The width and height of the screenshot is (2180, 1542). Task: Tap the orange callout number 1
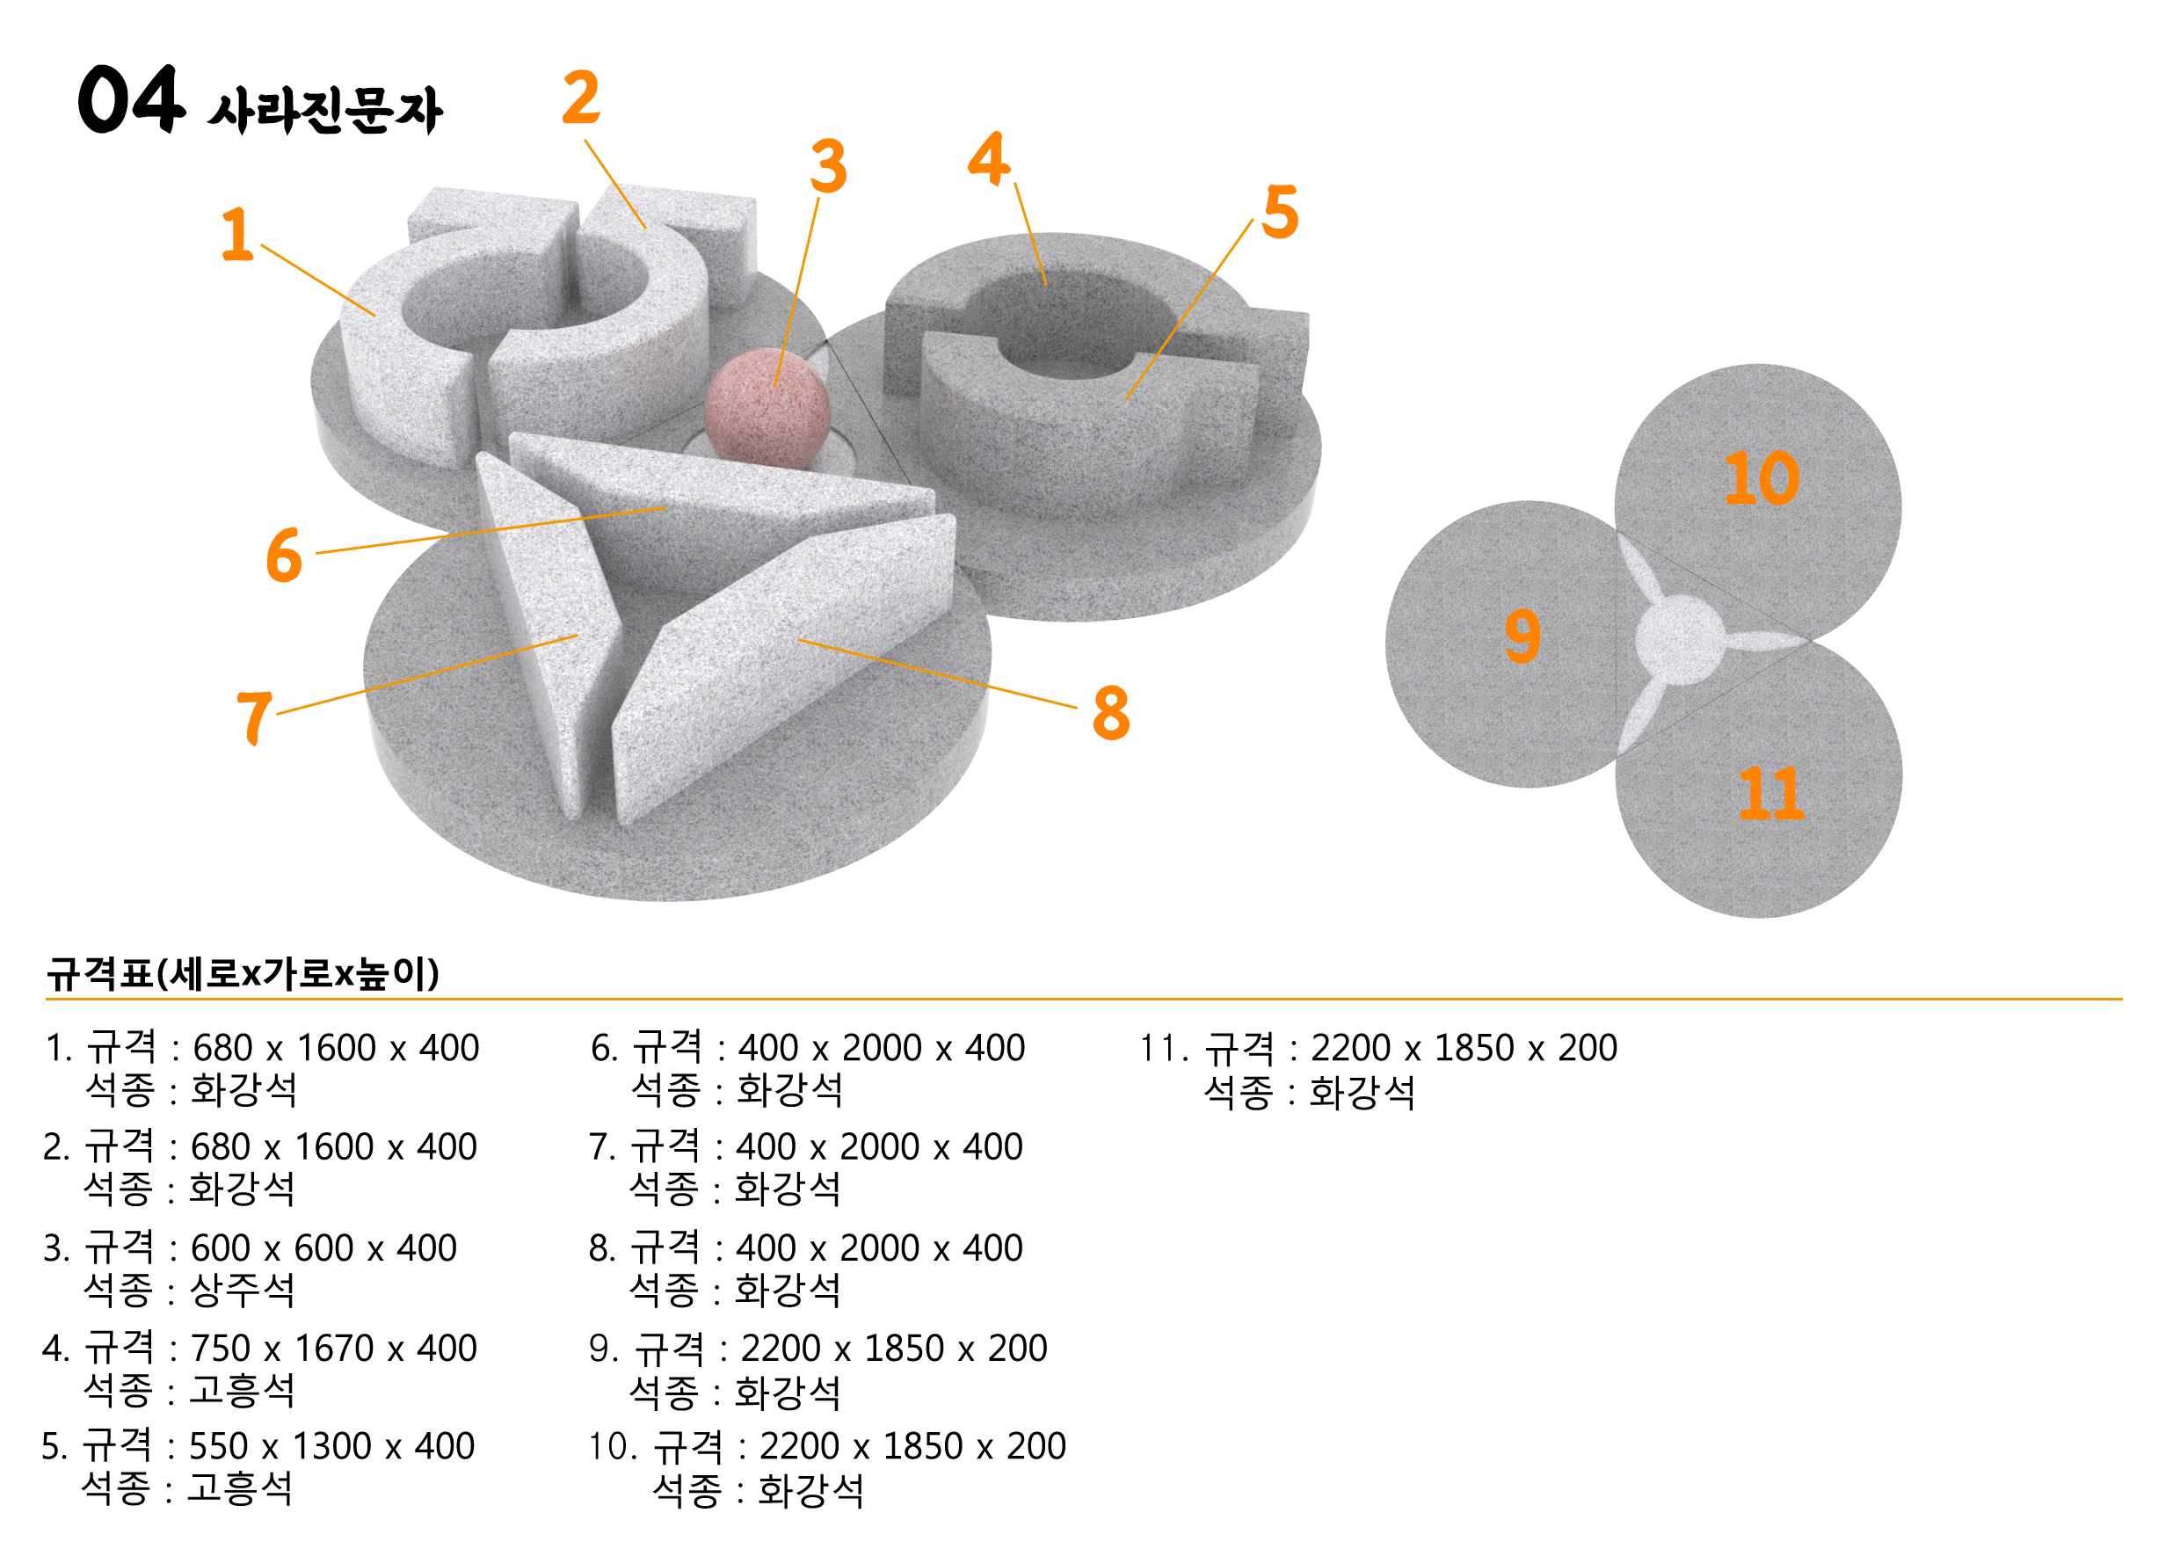pyautogui.click(x=237, y=234)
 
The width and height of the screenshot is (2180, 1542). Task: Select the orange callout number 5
pyautogui.click(x=1280, y=212)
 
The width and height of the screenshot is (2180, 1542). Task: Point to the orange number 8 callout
pyautogui.click(x=1111, y=712)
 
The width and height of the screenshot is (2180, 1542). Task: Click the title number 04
pyautogui.click(x=131, y=98)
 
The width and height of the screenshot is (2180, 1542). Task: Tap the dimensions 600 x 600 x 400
pyautogui.click(x=323, y=1247)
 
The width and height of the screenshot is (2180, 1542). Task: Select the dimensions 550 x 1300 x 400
pyautogui.click(x=331, y=1446)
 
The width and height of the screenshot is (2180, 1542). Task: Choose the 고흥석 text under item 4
pyautogui.click(x=242, y=1390)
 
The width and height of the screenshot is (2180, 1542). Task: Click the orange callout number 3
pyautogui.click(x=828, y=166)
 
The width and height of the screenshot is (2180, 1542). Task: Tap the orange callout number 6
pyautogui.click(x=284, y=556)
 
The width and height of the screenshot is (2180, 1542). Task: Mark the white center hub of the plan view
pyautogui.click(x=1679, y=640)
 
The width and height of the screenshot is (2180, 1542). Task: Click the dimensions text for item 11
pyautogui.click(x=1464, y=1048)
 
